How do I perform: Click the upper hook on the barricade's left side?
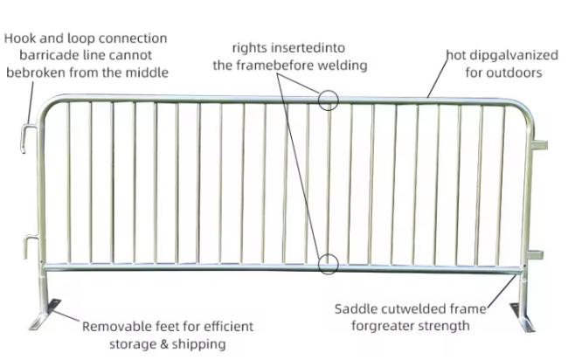click(24, 138)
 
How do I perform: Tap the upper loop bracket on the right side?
click(540, 145)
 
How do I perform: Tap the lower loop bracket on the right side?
click(536, 255)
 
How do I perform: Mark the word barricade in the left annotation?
click(50, 55)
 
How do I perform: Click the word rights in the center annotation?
click(250, 48)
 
